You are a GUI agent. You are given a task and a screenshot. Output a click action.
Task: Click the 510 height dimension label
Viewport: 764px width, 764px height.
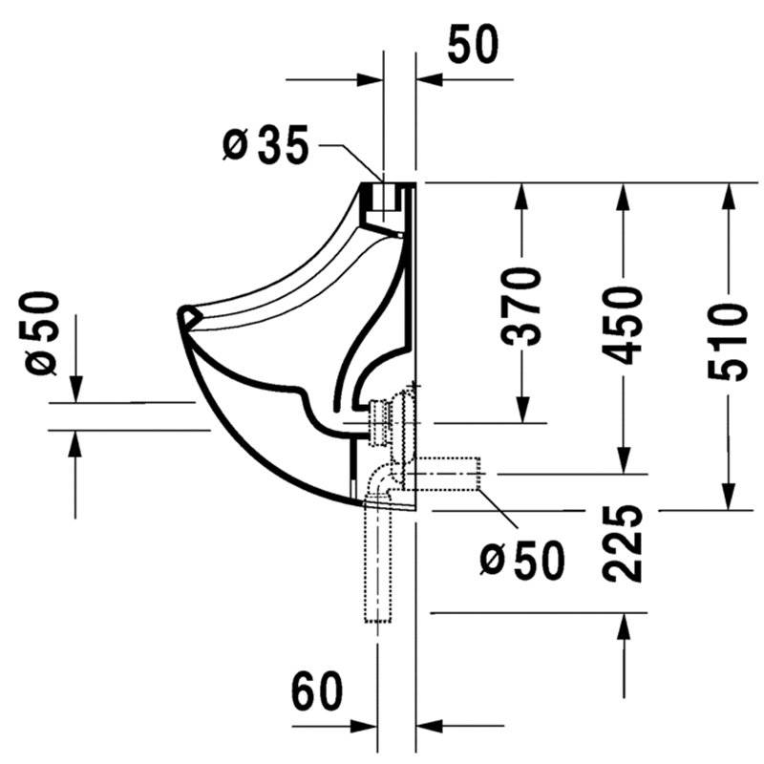[x=728, y=342]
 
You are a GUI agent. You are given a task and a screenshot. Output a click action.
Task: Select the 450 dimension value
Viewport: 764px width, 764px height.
[x=623, y=326]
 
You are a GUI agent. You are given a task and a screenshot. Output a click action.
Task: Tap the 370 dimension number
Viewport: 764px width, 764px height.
[x=521, y=306]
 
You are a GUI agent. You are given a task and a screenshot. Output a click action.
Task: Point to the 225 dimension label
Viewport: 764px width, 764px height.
[x=623, y=543]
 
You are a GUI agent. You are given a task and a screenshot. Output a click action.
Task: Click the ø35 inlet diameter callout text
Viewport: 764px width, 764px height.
[x=265, y=144]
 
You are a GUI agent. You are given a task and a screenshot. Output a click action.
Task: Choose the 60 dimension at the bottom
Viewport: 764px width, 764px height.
[x=317, y=690]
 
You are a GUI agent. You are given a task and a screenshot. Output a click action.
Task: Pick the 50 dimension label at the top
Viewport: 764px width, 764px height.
[x=473, y=44]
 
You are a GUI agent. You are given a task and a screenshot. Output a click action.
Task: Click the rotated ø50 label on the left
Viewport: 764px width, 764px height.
[x=39, y=333]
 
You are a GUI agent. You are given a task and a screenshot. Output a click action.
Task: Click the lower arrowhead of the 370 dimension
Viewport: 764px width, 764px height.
[x=522, y=410]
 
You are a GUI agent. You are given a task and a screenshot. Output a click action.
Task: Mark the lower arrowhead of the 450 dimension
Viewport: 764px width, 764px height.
[x=624, y=460]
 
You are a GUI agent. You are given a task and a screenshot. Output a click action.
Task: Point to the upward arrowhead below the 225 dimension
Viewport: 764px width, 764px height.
[x=624, y=626]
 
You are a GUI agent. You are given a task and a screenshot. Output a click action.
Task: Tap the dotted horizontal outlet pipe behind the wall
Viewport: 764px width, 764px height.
[x=443, y=474]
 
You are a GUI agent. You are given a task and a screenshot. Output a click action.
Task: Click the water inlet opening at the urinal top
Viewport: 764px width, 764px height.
[x=384, y=196]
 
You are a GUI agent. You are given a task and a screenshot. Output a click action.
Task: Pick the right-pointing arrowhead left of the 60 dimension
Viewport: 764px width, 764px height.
[x=364, y=726]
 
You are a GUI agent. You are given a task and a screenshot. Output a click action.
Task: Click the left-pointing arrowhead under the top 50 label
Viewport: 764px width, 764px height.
[x=430, y=79]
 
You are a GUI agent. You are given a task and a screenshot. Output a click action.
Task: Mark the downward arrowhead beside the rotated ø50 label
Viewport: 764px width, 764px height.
[x=75, y=390]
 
